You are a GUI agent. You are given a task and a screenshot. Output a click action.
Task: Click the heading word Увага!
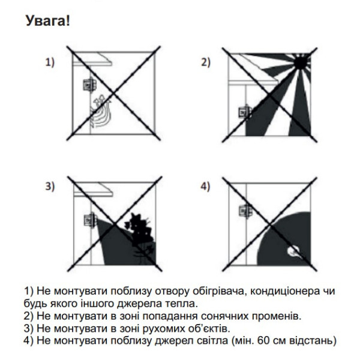[48, 22]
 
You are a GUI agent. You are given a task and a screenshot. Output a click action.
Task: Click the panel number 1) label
[50, 62]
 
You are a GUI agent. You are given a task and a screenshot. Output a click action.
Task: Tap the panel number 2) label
[205, 62]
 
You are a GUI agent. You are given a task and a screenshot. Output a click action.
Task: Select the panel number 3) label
[50, 187]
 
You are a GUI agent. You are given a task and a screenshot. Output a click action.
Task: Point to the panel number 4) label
[205, 187]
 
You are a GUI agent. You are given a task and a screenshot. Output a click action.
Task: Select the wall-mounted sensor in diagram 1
[89, 85]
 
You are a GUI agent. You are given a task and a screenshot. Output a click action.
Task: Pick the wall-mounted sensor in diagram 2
[244, 112]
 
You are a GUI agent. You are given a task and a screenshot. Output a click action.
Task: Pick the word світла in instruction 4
[224, 341]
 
